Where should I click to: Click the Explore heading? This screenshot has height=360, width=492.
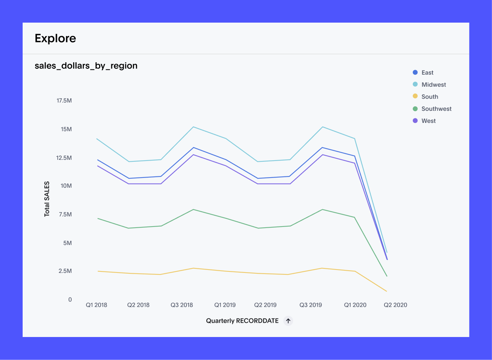[55, 38]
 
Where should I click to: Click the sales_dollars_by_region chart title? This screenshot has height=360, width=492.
[86, 66]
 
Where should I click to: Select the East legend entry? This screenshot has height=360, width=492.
[427, 73]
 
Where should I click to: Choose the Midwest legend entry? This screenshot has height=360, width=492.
[434, 85]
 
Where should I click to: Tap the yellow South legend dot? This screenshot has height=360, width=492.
[415, 97]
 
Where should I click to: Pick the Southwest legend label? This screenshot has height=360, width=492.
[436, 109]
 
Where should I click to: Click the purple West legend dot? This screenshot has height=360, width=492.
[415, 121]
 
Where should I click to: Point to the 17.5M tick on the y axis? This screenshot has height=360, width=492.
[64, 101]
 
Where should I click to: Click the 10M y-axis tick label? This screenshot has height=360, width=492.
[66, 186]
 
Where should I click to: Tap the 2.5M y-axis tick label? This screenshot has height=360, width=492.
[65, 271]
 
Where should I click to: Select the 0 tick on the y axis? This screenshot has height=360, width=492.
[70, 300]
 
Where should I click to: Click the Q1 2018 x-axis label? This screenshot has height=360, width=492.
[97, 305]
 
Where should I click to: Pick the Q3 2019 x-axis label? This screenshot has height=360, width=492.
[311, 305]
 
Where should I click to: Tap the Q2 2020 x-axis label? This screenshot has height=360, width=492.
[395, 305]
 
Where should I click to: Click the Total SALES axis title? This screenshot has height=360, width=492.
[47, 199]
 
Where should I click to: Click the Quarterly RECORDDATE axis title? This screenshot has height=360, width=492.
[242, 321]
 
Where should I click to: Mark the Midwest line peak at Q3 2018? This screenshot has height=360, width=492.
[194, 127]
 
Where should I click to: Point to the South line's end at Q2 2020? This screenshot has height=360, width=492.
[387, 291]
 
